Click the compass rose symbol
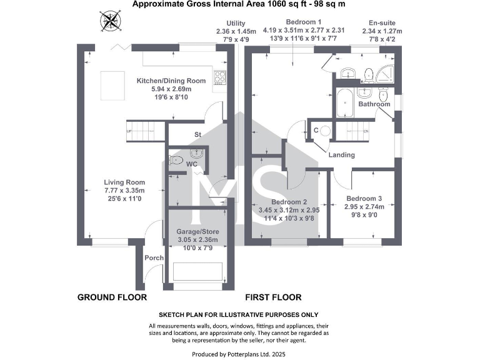click(111, 22)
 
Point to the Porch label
click(154, 257)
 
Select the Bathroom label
click(374, 104)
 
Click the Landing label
click(341, 155)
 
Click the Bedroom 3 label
click(362, 197)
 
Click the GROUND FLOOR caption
click(112, 297)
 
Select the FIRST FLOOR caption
click(273, 297)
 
